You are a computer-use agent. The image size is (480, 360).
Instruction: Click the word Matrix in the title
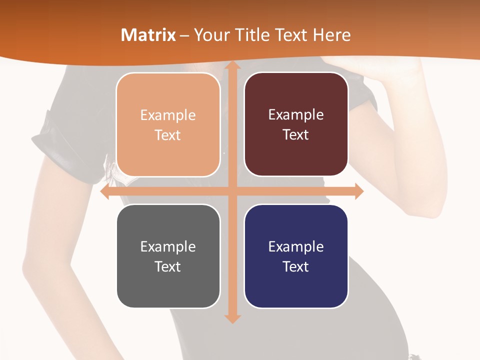coord(148,35)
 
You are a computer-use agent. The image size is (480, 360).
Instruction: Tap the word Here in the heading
coord(332,35)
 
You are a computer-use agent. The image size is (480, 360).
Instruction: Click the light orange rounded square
coord(168,125)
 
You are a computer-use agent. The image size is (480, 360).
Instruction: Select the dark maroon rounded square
coord(296,124)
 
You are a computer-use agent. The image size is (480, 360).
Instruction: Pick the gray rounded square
coord(168,256)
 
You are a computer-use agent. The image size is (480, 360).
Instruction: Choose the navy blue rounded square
coord(296,256)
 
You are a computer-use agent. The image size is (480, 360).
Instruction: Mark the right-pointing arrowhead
coord(358,191)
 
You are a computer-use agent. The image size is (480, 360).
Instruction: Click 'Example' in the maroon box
coord(296,114)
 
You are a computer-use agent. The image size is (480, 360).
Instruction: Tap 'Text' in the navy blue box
coord(296,266)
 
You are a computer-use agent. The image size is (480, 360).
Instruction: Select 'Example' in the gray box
coord(168,246)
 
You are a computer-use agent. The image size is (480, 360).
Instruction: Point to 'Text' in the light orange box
coord(168,135)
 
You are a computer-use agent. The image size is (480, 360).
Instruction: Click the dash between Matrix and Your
coord(185,35)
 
